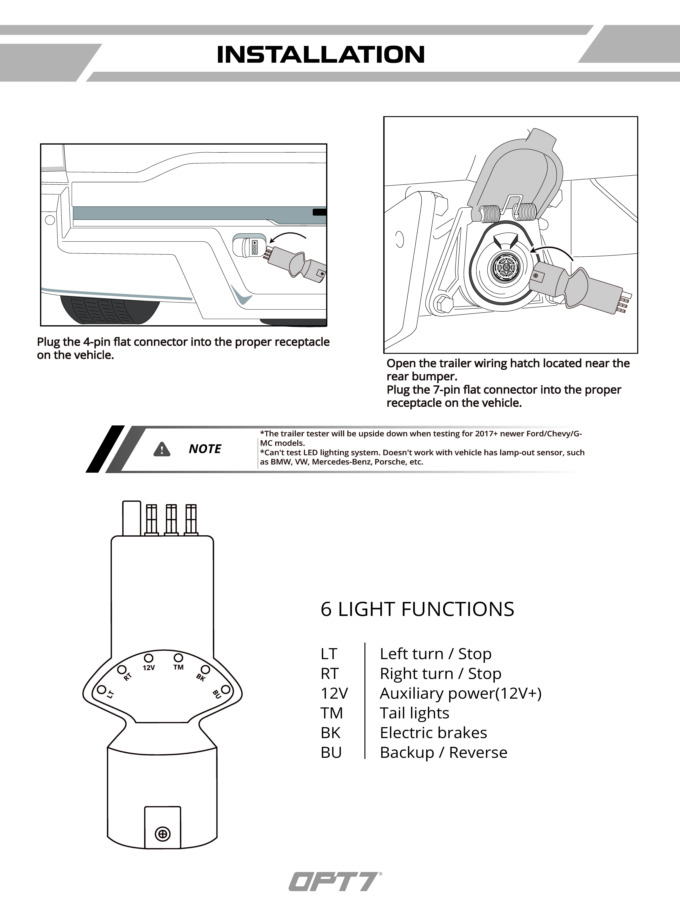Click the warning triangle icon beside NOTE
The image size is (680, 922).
tap(162, 449)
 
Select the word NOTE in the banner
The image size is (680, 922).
tap(205, 449)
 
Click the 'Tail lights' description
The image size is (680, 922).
tap(414, 713)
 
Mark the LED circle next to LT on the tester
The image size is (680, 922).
tap(101, 689)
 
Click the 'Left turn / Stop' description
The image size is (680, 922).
tap(435, 654)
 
